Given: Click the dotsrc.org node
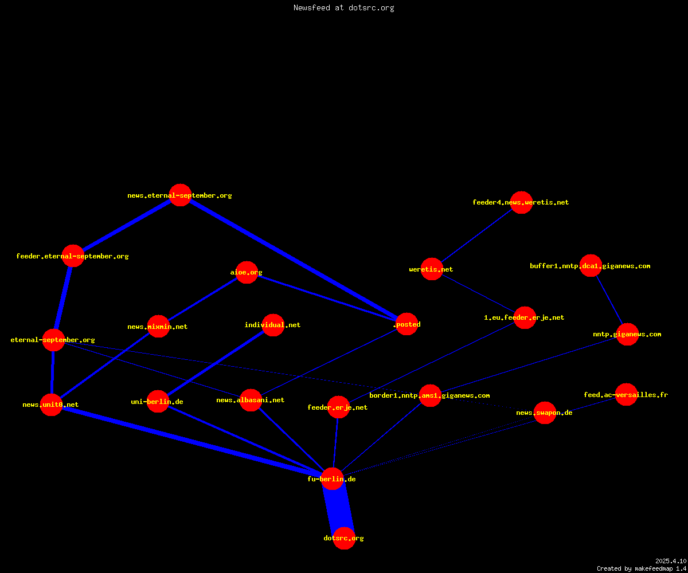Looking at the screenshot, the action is [x=344, y=538].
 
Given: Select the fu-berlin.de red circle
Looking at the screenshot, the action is [x=332, y=479].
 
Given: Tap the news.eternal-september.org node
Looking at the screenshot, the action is [x=180, y=195].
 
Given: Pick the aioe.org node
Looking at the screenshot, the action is [x=247, y=272].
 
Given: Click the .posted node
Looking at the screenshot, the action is [x=407, y=324].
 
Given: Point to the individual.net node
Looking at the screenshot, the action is [x=273, y=325].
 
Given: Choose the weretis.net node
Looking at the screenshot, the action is [x=432, y=269].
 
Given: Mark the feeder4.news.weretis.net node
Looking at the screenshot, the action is [x=521, y=202].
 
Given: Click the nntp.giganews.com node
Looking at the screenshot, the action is [x=627, y=334].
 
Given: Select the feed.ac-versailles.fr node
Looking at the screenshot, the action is [x=627, y=395].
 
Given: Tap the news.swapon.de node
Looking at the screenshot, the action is [x=545, y=413].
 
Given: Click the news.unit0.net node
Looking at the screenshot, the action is [x=52, y=405].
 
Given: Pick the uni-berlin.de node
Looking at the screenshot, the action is [x=158, y=402].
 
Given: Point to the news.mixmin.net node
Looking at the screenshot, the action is [x=158, y=327].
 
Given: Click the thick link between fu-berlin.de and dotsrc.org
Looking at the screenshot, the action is [x=338, y=508].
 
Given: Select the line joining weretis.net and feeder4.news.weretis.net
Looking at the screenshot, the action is [x=476, y=236].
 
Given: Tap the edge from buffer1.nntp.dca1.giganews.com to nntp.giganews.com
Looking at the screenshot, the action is [x=609, y=300].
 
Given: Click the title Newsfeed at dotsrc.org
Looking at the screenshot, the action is [x=343, y=7].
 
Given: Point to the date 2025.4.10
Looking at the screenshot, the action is [x=671, y=561].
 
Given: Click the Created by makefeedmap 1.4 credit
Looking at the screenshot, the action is [x=642, y=568].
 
